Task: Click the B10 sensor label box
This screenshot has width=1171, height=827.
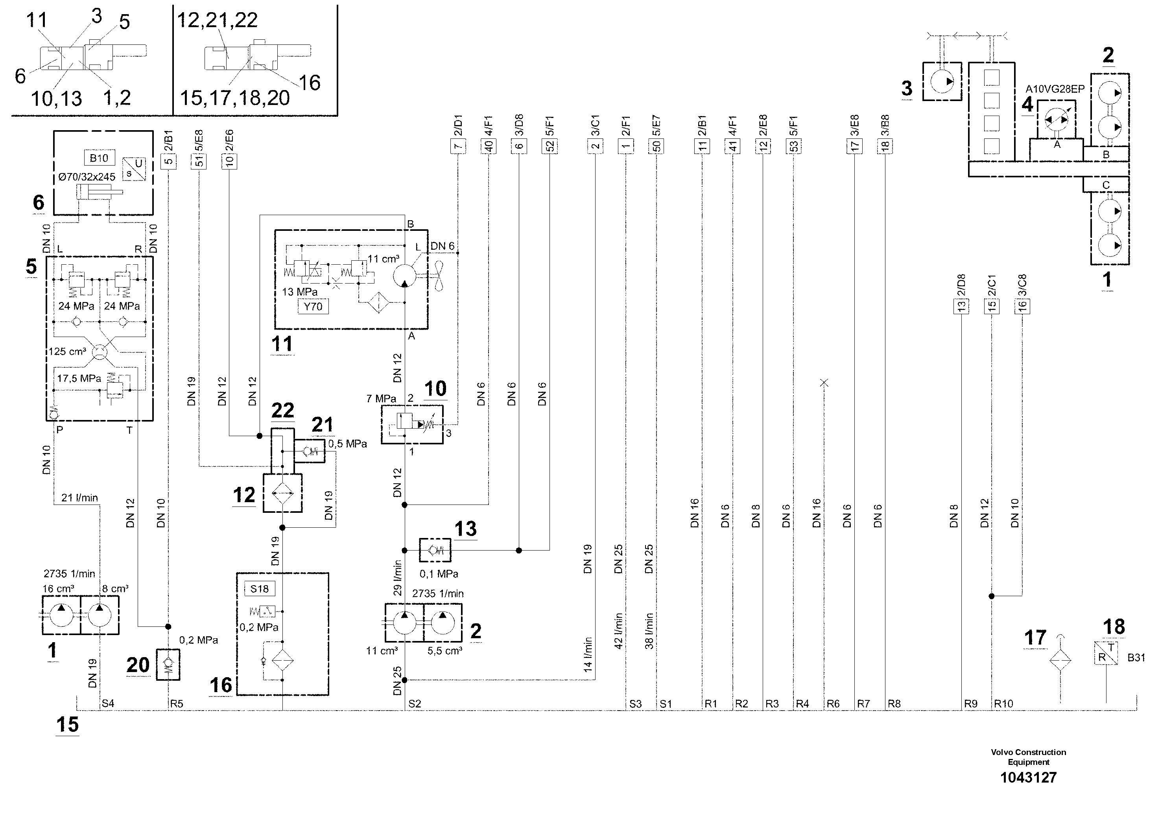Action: point(99,158)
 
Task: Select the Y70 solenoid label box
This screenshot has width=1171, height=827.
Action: point(313,306)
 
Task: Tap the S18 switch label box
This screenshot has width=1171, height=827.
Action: point(259,589)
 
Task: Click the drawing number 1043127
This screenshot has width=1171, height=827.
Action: point(1028,777)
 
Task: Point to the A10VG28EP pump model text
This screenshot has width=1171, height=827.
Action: point(1055,89)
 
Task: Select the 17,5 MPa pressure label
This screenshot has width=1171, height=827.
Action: point(79,378)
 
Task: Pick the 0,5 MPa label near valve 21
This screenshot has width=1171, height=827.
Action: point(347,444)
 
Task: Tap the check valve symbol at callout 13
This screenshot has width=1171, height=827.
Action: point(435,550)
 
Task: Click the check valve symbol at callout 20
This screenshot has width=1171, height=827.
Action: point(168,664)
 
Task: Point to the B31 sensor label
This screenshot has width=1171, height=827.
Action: point(1136,658)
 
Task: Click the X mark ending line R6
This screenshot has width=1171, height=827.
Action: point(824,383)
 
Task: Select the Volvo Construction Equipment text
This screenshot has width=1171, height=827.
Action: point(1028,757)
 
